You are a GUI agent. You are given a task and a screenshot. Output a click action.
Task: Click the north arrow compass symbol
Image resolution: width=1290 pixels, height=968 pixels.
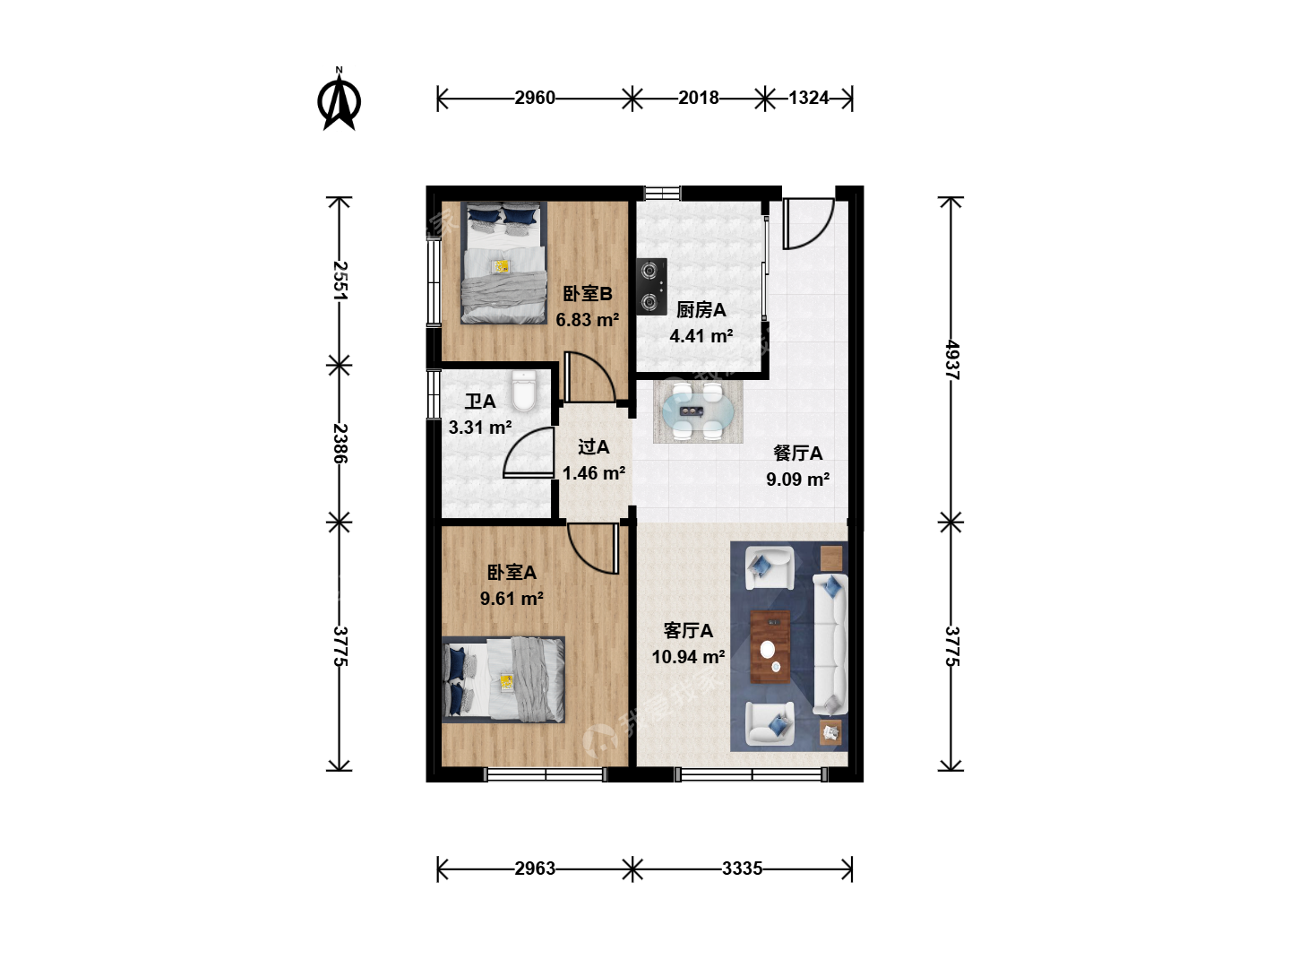pyautogui.click(x=340, y=99)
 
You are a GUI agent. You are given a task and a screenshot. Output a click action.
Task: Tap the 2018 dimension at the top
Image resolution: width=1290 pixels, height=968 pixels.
pyautogui.click(x=698, y=98)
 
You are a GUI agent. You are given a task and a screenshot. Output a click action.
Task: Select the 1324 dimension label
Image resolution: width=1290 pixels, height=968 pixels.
pyautogui.click(x=808, y=98)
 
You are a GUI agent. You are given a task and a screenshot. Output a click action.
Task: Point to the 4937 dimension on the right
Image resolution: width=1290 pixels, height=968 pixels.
pyautogui.click(x=952, y=360)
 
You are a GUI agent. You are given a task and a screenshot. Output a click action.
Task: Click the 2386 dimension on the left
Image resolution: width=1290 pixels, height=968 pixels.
pyautogui.click(x=340, y=443)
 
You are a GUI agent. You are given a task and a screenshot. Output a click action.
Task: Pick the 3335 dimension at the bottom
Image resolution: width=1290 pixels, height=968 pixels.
pyautogui.click(x=742, y=869)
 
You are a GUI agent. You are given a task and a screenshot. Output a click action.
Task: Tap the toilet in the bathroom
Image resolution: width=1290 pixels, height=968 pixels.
pyautogui.click(x=524, y=390)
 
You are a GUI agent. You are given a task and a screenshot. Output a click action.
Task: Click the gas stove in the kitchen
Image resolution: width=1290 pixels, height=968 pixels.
pyautogui.click(x=652, y=286)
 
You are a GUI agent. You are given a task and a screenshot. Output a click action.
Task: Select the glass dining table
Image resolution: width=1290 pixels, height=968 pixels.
pyautogui.click(x=698, y=411)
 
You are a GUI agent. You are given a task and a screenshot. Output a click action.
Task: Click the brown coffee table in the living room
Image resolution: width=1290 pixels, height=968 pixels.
pyautogui.click(x=770, y=646)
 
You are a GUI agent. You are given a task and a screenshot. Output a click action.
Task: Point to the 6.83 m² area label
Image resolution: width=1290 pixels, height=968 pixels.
pyautogui.click(x=587, y=320)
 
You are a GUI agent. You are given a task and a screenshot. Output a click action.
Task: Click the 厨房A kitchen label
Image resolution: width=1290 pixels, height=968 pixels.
pyautogui.click(x=701, y=310)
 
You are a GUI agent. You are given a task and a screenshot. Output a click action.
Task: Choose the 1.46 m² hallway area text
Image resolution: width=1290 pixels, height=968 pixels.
pyautogui.click(x=594, y=473)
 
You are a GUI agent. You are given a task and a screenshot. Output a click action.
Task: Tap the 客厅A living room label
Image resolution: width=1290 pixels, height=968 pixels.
pyautogui.click(x=688, y=631)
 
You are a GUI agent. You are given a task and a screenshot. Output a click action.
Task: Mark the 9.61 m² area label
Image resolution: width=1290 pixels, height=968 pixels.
pyautogui.click(x=512, y=599)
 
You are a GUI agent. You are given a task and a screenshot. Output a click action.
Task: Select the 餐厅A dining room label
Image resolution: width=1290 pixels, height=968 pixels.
pyautogui.click(x=797, y=454)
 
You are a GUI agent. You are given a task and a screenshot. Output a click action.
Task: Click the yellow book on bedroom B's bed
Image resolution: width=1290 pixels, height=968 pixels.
pyautogui.click(x=502, y=266)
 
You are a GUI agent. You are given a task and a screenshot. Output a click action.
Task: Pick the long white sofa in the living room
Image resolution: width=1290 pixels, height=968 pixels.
pyautogui.click(x=830, y=644)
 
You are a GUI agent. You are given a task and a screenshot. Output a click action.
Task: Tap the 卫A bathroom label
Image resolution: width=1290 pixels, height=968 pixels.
pyautogui.click(x=479, y=402)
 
